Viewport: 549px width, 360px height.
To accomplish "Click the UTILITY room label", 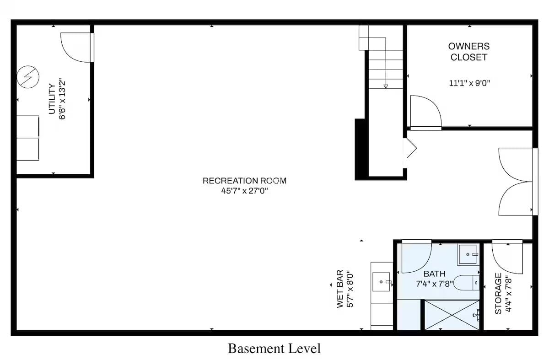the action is tap(52, 99).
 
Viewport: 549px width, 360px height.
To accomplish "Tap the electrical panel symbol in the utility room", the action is tap(28, 77).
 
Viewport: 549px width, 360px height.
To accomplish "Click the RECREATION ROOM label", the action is tap(244, 181).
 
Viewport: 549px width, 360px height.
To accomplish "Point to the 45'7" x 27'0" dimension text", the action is tap(244, 191).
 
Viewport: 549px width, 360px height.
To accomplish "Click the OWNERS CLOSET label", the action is tap(469, 52).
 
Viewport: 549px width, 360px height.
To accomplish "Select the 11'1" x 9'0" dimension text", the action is tap(469, 83).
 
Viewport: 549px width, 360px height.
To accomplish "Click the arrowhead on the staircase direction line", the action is tap(386, 86).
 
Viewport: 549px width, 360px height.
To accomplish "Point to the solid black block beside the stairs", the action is tap(361, 150).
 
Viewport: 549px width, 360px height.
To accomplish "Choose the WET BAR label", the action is tap(339, 289).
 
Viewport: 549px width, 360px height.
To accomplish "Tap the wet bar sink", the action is tap(381, 282).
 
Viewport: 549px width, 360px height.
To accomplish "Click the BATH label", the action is tap(435, 274).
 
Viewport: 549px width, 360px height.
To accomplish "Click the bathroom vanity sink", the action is tap(468, 254).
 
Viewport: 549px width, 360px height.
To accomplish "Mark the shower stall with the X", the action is tap(452, 315).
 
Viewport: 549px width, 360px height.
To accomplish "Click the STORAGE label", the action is tap(498, 294).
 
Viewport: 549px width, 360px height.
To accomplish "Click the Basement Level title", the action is tap(274, 349).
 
